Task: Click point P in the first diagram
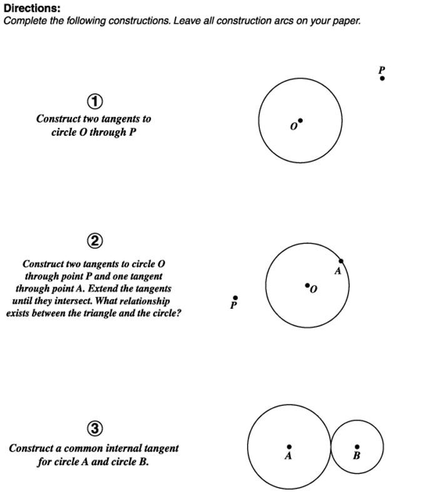click(x=382, y=78)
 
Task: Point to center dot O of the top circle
click(x=300, y=120)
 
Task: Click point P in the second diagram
click(x=235, y=298)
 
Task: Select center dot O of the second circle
click(x=307, y=286)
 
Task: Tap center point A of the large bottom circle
click(x=288, y=446)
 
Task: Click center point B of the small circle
click(x=357, y=446)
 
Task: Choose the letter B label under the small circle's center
click(x=357, y=456)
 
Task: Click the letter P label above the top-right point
click(x=382, y=69)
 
